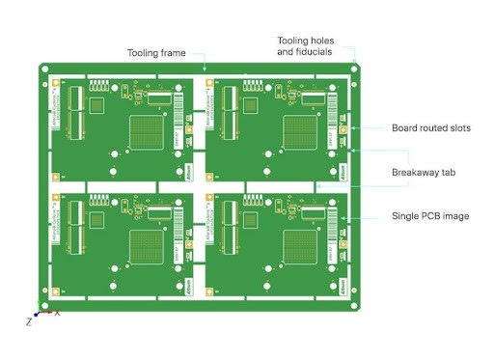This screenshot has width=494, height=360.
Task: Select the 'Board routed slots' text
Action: click(x=430, y=128)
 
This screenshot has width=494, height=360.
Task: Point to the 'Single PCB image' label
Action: click(x=429, y=216)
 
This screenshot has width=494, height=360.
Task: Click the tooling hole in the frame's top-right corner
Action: click(x=355, y=69)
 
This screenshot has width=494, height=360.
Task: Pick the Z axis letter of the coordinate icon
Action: click(x=29, y=321)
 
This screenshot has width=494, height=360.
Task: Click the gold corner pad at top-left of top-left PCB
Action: click(x=57, y=83)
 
